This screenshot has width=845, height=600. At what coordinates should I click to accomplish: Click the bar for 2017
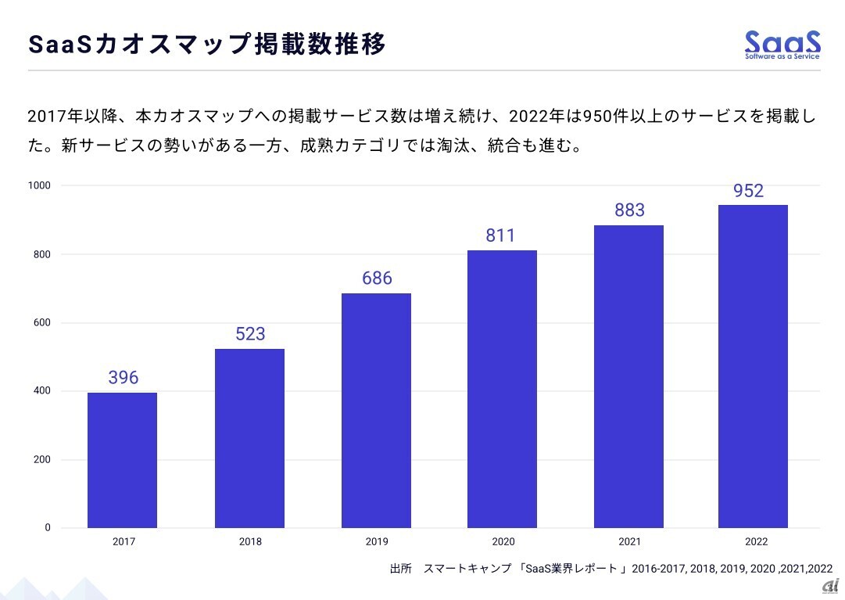click(x=122, y=460)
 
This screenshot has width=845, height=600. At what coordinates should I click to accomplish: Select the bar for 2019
click(x=376, y=410)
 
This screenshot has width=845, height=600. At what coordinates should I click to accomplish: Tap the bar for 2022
click(x=753, y=366)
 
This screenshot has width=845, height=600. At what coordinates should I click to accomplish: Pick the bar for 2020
click(x=502, y=389)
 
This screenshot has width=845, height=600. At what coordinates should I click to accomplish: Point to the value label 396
click(x=123, y=378)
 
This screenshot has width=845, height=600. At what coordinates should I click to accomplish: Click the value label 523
click(x=250, y=334)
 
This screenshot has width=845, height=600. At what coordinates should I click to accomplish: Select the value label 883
click(x=629, y=210)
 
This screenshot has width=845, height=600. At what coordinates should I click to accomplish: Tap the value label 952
click(x=748, y=191)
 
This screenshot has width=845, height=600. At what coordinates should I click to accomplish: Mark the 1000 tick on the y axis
click(x=40, y=185)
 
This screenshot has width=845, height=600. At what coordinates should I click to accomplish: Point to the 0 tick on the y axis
click(x=47, y=528)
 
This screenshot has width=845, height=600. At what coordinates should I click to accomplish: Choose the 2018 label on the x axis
click(x=251, y=541)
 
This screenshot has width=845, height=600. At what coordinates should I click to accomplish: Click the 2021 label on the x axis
click(x=628, y=541)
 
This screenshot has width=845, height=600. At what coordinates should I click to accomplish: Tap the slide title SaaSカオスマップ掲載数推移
click(x=207, y=45)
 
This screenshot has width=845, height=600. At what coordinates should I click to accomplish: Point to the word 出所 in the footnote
click(x=400, y=569)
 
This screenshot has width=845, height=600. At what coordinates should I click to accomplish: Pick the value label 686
click(x=377, y=278)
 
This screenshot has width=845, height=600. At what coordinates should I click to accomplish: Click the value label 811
click(x=500, y=235)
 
